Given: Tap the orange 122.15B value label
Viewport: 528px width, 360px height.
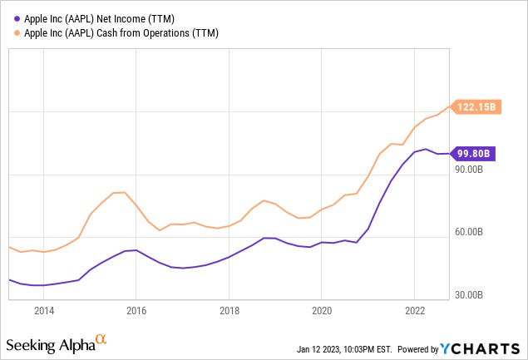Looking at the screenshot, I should [476, 106].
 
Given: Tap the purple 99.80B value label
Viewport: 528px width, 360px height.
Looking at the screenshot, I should [472, 153].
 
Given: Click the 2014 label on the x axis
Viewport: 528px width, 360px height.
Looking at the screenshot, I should [44, 310].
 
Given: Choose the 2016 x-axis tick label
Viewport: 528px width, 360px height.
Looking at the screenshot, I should [136, 310].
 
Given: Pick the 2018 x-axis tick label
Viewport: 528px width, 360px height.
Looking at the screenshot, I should [229, 310].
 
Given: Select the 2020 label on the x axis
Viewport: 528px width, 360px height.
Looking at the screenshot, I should [321, 310].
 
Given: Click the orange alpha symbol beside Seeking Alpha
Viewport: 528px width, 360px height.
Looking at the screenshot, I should [101, 338].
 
